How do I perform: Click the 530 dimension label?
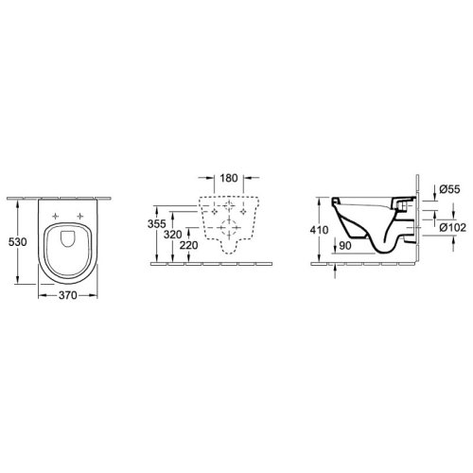17,242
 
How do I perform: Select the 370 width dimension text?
68,295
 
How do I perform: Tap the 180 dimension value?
229,178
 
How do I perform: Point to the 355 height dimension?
157,223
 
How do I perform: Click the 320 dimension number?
173,235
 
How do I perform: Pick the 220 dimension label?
189,245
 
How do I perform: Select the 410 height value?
319,230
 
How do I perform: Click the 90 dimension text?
345,246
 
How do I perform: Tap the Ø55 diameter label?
449,189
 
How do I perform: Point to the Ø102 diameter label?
453,227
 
